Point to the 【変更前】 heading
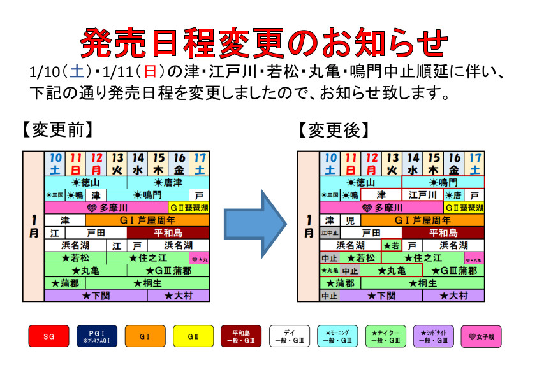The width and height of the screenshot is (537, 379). pyautogui.click(x=58, y=130)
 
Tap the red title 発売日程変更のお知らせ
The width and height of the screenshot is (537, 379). pyautogui.click(x=264, y=43)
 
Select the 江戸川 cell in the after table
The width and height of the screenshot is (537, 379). pyautogui.click(x=422, y=195)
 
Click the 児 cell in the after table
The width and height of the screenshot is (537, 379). pyautogui.click(x=350, y=220)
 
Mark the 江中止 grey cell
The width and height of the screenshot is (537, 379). pyautogui.click(x=330, y=233)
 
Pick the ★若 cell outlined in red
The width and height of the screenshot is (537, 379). pyautogui.click(x=392, y=245)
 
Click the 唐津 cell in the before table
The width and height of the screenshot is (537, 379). pyautogui.click(x=168, y=183)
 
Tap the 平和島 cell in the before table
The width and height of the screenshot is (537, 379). pyautogui.click(x=168, y=233)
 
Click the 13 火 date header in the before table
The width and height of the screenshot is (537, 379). pyautogui.click(x=117, y=164)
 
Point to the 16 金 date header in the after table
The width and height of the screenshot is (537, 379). pyautogui.click(x=453, y=164)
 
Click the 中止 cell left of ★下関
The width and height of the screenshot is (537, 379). pyautogui.click(x=329, y=296)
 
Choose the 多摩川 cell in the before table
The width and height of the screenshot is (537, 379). pyautogui.click(x=107, y=208)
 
